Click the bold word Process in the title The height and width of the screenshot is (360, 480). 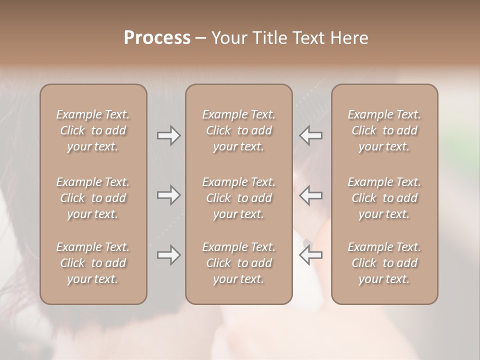point(157,38)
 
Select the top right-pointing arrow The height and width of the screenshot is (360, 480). point(168,135)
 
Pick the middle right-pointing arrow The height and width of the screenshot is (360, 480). point(168,195)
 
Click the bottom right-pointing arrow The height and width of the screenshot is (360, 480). point(168,255)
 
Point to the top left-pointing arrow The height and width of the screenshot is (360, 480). point(311,135)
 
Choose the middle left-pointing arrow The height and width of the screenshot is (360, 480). point(311,195)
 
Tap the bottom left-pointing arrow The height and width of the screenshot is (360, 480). point(311,255)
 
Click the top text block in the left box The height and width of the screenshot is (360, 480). point(93,130)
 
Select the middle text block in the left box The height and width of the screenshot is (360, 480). point(93,198)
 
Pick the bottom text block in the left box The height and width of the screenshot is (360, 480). point(93,263)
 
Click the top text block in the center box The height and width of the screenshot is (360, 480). point(239,130)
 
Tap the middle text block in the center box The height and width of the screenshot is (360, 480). point(239,198)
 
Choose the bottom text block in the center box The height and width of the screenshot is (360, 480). point(239,263)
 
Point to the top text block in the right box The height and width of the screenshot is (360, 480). point(384,130)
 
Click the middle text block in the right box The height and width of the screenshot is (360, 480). point(384,198)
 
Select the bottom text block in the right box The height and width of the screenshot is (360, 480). point(384,263)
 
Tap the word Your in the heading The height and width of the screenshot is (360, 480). point(227,38)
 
